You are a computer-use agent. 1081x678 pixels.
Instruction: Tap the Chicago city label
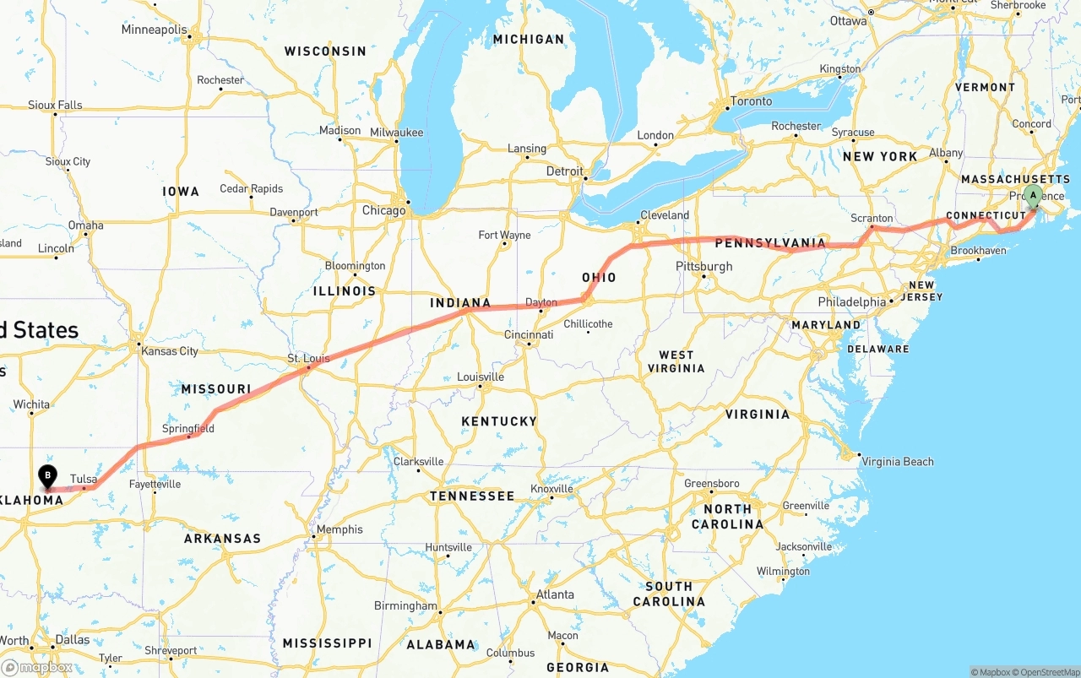point(383,210)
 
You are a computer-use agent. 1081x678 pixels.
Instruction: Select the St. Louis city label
point(308,359)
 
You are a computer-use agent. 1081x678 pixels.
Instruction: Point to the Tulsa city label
point(84,479)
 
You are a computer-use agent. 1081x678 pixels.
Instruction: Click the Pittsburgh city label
point(704,267)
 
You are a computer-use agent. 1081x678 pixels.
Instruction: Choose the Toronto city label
point(751,101)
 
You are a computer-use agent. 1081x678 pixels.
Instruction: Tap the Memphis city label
point(340,529)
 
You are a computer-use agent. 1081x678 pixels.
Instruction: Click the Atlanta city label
point(555,594)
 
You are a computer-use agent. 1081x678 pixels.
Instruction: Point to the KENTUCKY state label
point(499,421)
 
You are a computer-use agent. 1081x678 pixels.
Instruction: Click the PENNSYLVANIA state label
point(770,244)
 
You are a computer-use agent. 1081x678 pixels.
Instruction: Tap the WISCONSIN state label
point(325,52)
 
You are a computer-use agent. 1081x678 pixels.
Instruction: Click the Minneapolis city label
point(154,30)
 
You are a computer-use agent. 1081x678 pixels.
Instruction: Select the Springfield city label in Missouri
point(188,429)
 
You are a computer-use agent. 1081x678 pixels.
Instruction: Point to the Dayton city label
point(541,302)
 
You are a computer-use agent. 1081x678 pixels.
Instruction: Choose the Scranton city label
point(872,218)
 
